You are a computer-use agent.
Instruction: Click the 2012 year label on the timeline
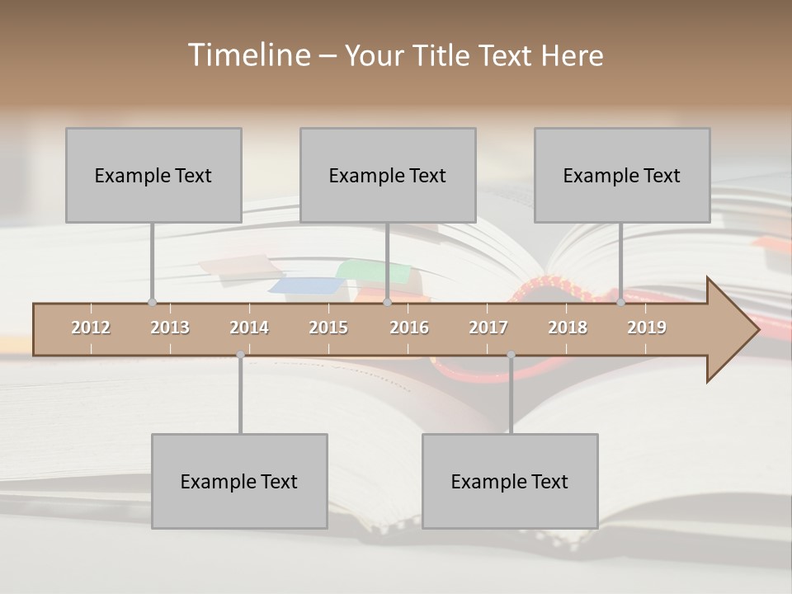91,328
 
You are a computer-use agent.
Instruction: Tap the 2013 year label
170,328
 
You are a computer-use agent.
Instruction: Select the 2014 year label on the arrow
249,328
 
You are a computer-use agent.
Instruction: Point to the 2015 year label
328,328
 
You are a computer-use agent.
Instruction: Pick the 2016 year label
409,328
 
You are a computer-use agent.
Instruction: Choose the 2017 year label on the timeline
488,328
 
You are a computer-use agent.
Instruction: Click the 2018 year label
568,328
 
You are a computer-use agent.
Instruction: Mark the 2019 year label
647,328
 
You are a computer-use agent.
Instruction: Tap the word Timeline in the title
248,55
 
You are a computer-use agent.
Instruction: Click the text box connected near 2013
153,175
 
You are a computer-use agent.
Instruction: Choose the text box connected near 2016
388,175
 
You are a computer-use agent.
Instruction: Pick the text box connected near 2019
622,175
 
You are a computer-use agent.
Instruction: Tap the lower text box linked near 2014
239,481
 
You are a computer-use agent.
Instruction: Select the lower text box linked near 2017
510,481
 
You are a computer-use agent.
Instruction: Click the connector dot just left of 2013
152,302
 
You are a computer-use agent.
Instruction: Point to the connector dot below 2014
240,355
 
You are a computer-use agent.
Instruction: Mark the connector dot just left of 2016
387,302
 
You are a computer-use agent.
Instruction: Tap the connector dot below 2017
511,355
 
